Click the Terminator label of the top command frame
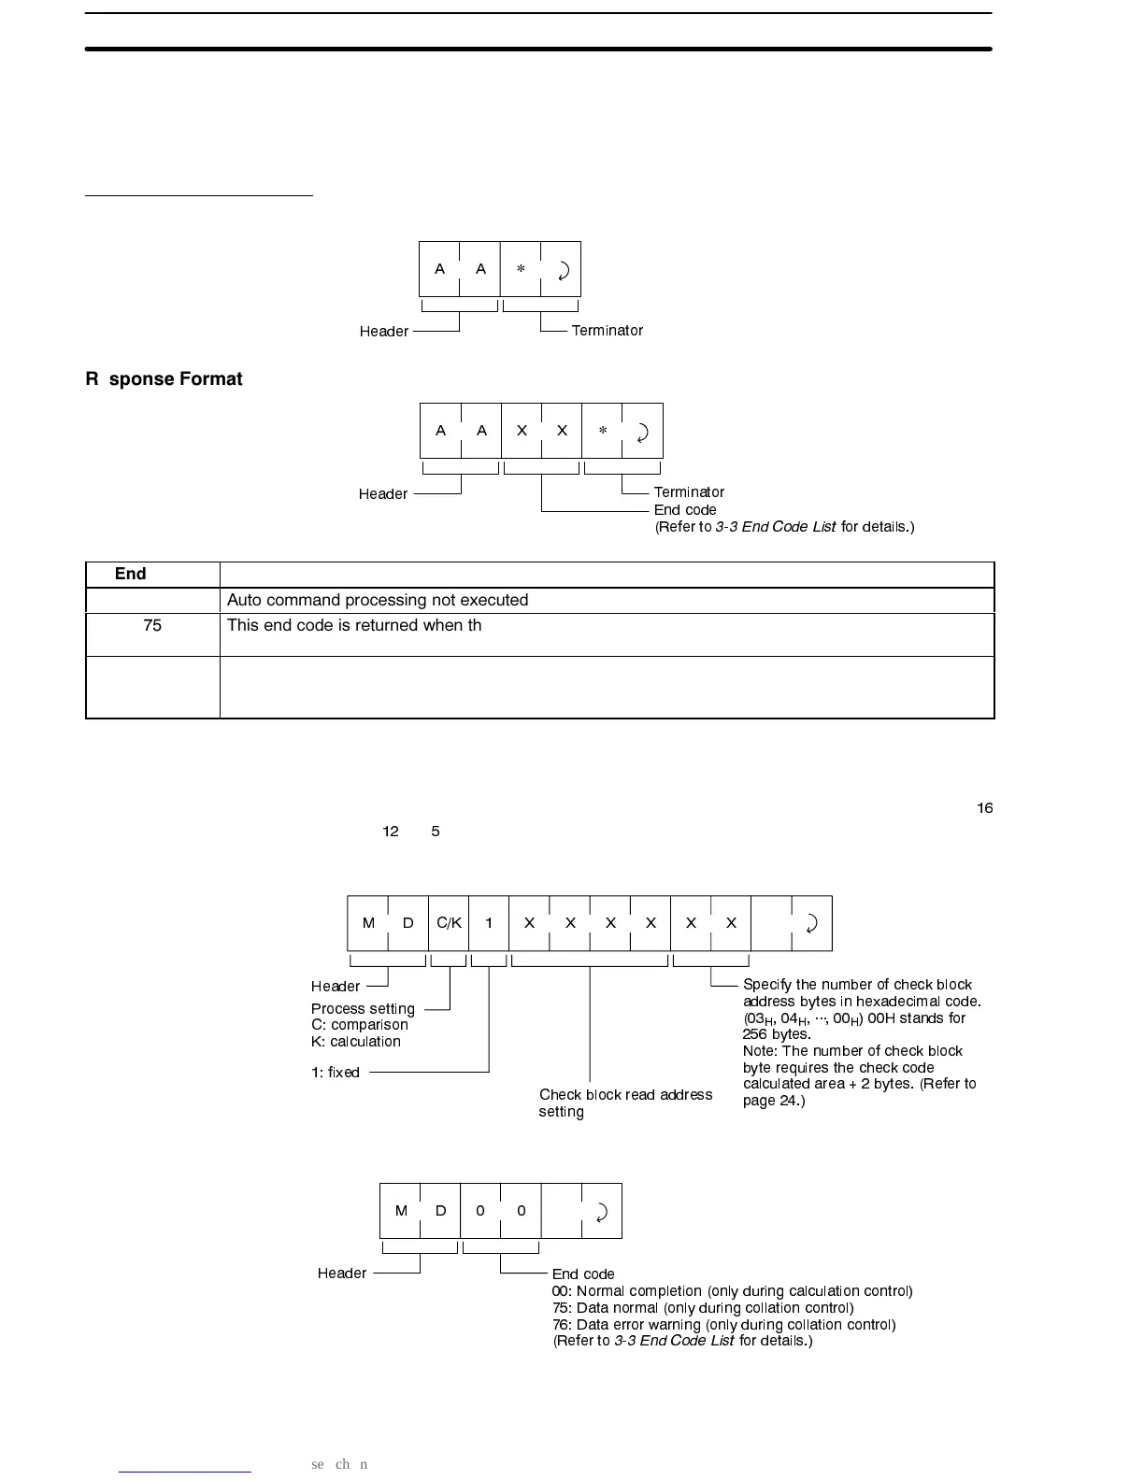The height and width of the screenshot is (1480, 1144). (x=607, y=331)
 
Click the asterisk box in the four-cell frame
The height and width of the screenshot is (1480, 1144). (x=521, y=269)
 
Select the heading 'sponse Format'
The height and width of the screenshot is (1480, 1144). (x=175, y=379)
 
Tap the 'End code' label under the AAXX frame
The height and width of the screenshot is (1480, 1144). (x=685, y=510)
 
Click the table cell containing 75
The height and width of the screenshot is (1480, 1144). (x=152, y=626)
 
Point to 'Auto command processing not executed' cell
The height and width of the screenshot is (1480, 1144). (x=378, y=600)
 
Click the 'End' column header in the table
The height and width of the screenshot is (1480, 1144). (x=131, y=574)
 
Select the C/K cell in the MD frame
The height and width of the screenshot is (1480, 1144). (x=449, y=923)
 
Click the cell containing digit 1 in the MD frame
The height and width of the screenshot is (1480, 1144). (x=489, y=923)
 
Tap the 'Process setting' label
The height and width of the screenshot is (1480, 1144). (x=363, y=1009)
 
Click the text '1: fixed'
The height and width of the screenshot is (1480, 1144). (x=336, y=1073)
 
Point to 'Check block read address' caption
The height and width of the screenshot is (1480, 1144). (x=625, y=1095)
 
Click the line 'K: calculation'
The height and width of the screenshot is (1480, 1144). (x=356, y=1042)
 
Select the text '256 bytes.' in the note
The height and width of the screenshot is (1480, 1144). (x=777, y=1034)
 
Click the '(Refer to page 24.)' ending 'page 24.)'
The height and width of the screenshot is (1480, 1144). (x=774, y=1101)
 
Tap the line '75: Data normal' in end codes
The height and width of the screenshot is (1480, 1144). (x=703, y=1308)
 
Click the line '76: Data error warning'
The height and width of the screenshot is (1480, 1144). (x=723, y=1325)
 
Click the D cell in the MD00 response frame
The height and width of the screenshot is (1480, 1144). (x=441, y=1211)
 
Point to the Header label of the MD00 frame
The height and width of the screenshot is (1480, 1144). (x=342, y=1274)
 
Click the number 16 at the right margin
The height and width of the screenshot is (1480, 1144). (x=985, y=808)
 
